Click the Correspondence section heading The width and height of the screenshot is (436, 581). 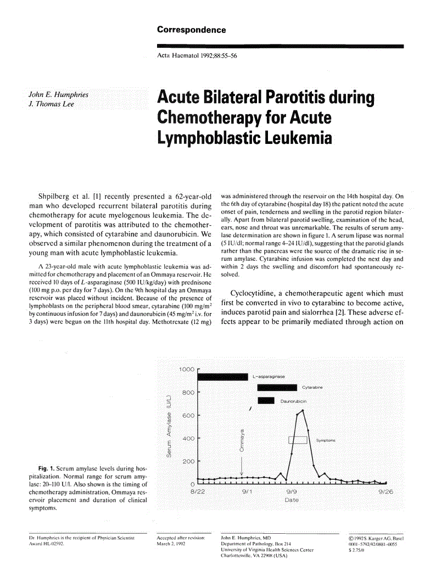191,30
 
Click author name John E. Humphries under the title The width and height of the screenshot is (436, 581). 58,95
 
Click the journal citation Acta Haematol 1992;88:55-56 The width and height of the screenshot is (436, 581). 197,56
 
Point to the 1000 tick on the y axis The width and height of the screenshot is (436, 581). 187,370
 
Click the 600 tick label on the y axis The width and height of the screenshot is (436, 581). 189,416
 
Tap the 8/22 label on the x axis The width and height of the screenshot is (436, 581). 198,492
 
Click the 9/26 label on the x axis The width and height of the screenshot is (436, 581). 386,492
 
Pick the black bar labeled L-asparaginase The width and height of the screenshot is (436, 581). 223,377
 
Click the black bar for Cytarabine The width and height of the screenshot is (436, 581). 277,388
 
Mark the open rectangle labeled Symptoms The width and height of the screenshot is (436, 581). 298,440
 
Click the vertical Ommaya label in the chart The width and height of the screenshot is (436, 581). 242,440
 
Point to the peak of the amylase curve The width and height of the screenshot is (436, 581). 303,410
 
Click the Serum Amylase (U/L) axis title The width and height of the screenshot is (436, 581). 170,426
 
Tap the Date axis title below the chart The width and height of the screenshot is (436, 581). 292,500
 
